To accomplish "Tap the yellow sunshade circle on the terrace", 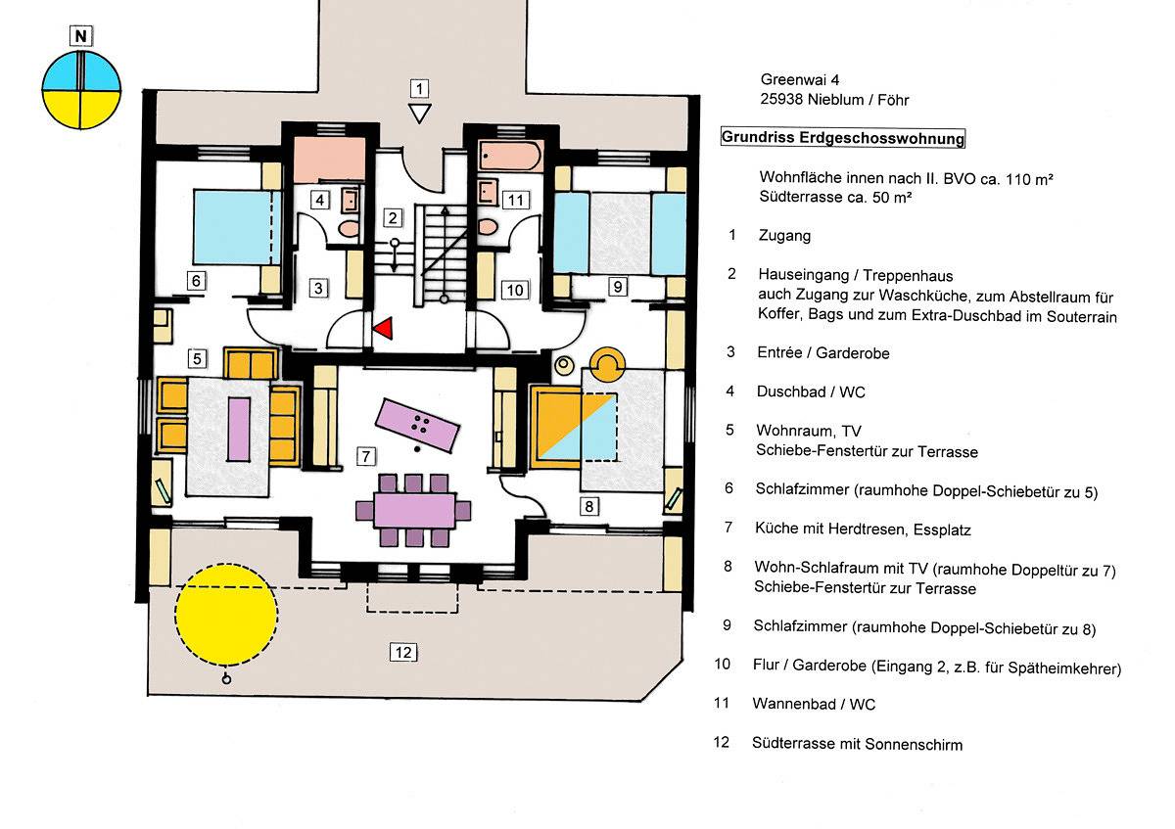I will [226, 613].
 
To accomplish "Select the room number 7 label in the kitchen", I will [364, 455].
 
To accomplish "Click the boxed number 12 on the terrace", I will [402, 652].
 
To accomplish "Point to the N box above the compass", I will [81, 38].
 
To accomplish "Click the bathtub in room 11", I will [510, 156].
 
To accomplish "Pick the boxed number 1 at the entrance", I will [419, 88].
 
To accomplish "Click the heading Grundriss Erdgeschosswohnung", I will [843, 138].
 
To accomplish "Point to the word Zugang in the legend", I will [784, 236].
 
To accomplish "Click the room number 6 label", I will [196, 280].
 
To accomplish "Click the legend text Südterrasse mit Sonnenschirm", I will [857, 744].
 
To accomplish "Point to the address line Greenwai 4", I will [797, 80].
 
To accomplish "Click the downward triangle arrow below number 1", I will [419, 114].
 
